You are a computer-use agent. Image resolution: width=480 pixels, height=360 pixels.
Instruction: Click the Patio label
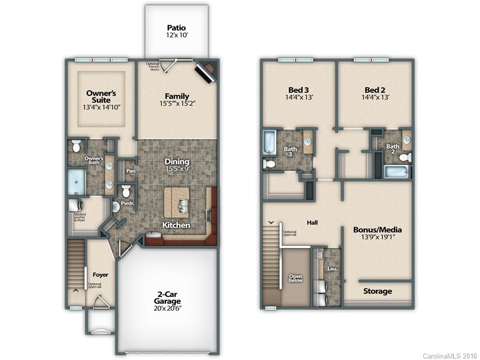(x=177, y=28)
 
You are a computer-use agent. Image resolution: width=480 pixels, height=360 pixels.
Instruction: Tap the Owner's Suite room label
(x=101, y=96)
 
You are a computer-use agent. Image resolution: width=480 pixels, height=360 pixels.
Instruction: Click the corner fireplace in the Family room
(x=206, y=71)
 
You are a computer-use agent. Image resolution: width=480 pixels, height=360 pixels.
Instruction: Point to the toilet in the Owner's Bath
(x=77, y=145)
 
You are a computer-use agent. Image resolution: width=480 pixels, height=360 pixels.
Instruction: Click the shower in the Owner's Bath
(x=77, y=181)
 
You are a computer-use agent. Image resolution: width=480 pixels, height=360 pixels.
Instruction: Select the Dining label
(x=177, y=162)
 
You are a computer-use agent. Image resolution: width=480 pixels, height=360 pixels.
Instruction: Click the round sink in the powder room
(x=115, y=206)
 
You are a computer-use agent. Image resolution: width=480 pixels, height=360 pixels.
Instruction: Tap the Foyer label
(x=100, y=275)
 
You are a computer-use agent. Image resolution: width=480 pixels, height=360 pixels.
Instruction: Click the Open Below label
(x=296, y=277)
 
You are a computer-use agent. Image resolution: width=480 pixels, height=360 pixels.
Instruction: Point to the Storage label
(x=377, y=291)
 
